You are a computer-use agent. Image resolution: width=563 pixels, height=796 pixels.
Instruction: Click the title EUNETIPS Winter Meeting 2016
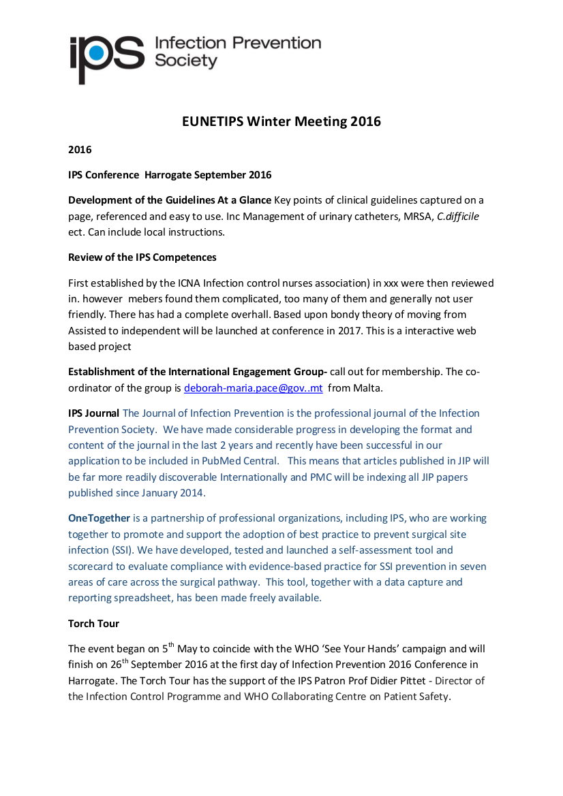pyautogui.click(x=281, y=122)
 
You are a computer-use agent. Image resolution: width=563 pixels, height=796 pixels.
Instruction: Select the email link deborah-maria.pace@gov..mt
pyautogui.click(x=253, y=388)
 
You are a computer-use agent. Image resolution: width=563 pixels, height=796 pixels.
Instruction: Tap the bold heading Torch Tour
pyautogui.click(x=94, y=623)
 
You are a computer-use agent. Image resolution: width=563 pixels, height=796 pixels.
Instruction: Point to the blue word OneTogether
pyautogui.click(x=99, y=518)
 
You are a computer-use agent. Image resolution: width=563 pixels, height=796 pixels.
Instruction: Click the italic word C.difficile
pyautogui.click(x=463, y=216)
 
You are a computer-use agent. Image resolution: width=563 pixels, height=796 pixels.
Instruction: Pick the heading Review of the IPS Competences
pyautogui.click(x=142, y=257)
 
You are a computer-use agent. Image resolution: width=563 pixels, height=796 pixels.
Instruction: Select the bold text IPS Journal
pyautogui.click(x=93, y=413)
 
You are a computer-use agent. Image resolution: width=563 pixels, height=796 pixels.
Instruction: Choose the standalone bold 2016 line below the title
pyautogui.click(x=80, y=150)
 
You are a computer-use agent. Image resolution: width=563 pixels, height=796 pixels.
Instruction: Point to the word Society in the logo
pyautogui.click(x=186, y=61)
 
